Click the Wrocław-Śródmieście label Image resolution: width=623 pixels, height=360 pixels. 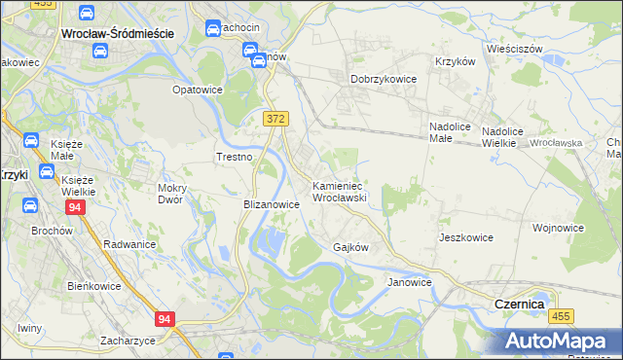(117, 32)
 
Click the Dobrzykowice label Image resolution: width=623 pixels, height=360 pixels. (384, 80)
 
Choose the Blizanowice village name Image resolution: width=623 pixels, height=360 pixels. (271, 205)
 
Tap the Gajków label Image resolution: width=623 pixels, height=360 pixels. (350, 247)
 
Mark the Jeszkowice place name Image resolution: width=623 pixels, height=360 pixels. (466, 237)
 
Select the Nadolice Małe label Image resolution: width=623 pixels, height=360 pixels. (451, 133)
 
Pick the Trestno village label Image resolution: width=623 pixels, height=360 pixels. (234, 157)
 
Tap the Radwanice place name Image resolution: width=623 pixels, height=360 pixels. (129, 244)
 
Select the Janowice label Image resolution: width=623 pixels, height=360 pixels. (409, 282)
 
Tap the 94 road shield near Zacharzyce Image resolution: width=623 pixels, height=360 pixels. (165, 318)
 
